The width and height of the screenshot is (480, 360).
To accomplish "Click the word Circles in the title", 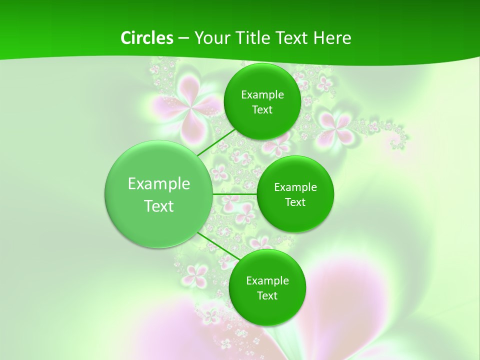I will (146, 38).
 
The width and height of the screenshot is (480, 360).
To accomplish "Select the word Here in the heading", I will (332, 38).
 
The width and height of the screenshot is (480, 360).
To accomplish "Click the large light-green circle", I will (159, 194).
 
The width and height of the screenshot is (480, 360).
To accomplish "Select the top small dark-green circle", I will (262, 101).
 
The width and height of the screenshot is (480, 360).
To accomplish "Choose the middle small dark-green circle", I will (295, 194).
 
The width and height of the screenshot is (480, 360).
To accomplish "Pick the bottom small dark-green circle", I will (267, 287).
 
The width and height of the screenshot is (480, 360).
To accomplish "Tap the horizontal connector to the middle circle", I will (235, 193).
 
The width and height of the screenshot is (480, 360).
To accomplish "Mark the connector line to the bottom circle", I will (219, 246).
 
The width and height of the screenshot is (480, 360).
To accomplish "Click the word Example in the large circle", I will (159, 184).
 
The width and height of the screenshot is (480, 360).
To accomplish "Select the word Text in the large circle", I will (159, 206).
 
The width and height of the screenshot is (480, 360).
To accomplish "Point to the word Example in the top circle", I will (262, 95).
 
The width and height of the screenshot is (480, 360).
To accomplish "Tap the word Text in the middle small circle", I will (295, 202).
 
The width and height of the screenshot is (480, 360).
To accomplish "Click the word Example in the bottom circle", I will (267, 281).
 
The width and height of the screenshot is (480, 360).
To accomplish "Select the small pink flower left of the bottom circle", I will (196, 273).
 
